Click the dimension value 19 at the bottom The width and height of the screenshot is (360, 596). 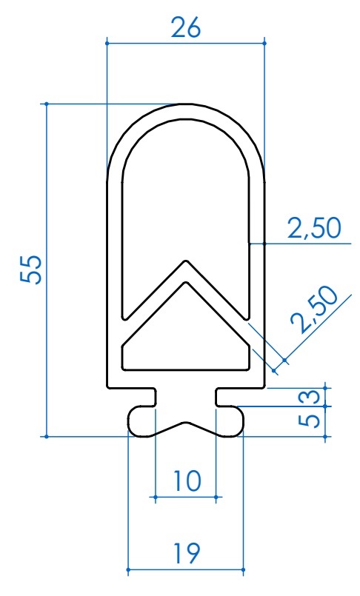pos(186,553)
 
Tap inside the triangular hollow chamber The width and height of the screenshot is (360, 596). pos(185,341)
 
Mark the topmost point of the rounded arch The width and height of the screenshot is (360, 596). pos(186,104)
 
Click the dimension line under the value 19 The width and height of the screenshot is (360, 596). pos(186,570)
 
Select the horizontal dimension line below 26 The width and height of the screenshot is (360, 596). pos(186,44)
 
